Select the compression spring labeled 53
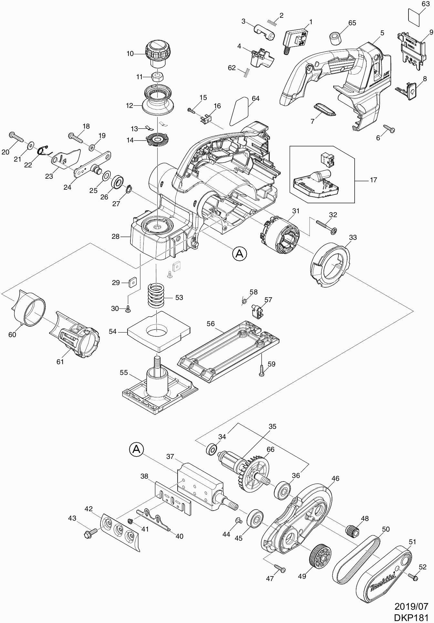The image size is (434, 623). point(157,295)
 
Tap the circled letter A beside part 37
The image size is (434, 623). point(137,449)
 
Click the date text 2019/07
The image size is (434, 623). point(411,606)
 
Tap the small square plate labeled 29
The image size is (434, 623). point(132,282)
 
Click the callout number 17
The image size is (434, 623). point(373,180)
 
